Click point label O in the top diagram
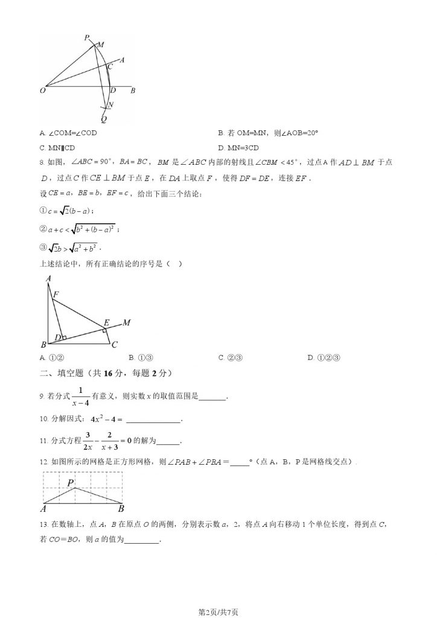(x=42, y=91)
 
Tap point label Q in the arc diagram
(x=104, y=118)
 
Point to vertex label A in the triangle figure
(x=47, y=279)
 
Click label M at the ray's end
(x=127, y=323)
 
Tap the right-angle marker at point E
(x=104, y=330)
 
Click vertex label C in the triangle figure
(x=114, y=345)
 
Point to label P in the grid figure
(x=71, y=483)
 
